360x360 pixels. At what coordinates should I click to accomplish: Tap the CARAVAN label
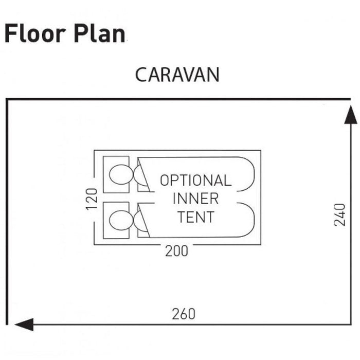[x=177, y=75]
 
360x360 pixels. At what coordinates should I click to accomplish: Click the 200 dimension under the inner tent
[x=176, y=251]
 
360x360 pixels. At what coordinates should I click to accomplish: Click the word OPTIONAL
[x=195, y=181]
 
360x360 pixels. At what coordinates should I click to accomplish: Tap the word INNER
[x=195, y=199]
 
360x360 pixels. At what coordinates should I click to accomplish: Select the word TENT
[x=195, y=217]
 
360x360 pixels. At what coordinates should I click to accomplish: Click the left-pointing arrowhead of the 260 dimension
[x=24, y=325]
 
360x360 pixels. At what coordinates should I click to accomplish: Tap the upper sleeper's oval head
[x=119, y=174]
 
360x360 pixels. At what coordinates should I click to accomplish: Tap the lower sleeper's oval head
[x=119, y=221]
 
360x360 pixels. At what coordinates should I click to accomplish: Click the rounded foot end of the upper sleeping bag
[x=247, y=174]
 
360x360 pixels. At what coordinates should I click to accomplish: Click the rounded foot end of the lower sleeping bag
[x=247, y=220]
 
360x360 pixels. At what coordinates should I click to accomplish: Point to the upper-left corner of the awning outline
[x=7, y=99]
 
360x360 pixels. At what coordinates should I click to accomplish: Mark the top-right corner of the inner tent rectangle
[x=260, y=151]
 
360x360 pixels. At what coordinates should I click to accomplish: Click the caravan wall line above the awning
[x=177, y=99]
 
